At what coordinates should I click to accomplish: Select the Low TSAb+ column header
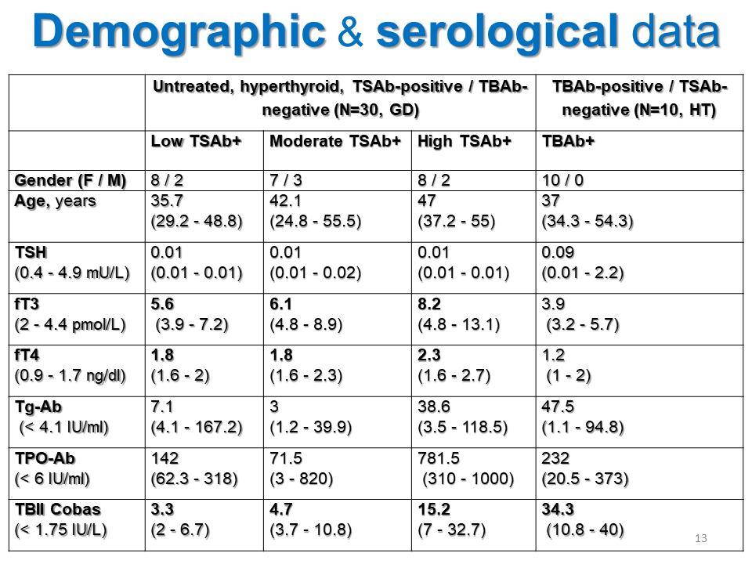(x=196, y=142)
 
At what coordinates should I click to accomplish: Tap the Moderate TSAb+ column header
(x=335, y=142)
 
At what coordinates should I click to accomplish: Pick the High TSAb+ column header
(x=465, y=142)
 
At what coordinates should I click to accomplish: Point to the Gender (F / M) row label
(x=70, y=180)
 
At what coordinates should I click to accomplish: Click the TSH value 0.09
(x=557, y=253)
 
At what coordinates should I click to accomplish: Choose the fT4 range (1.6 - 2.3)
(x=306, y=376)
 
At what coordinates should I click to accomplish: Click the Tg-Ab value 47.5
(x=557, y=407)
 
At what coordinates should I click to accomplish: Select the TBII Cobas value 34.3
(x=558, y=510)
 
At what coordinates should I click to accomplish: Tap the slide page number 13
(x=700, y=538)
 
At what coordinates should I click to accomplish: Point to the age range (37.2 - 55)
(x=457, y=222)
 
